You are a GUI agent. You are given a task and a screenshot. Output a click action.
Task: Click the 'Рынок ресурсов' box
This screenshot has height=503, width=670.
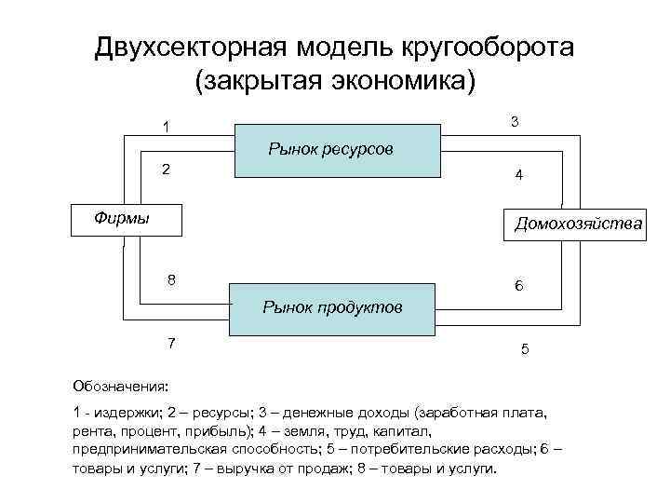[336, 149]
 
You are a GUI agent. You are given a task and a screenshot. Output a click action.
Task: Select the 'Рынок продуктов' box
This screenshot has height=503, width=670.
[332, 307]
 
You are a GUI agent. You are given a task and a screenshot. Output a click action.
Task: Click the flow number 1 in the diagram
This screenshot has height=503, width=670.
[166, 128]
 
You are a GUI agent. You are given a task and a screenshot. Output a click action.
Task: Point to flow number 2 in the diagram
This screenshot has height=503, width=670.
[166, 170]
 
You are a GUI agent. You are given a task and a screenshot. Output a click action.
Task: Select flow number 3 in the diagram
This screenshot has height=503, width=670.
[515, 122]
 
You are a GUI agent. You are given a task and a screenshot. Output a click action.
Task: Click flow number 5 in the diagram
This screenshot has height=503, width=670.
[525, 350]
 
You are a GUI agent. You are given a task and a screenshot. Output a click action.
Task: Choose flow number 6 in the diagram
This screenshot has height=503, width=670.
[519, 287]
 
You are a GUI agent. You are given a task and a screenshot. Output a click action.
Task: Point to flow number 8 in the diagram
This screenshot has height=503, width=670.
[171, 279]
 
